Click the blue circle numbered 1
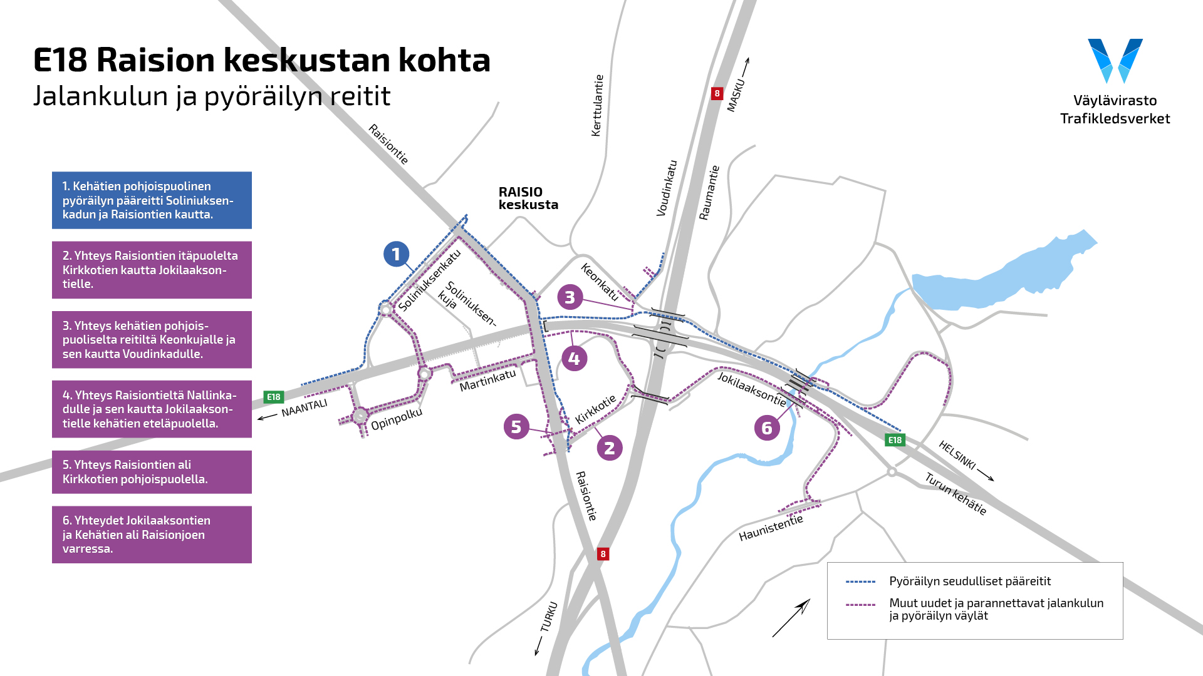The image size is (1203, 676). (x=396, y=254)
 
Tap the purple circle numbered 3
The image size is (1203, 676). (x=570, y=297)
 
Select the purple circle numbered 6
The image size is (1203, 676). (x=766, y=428)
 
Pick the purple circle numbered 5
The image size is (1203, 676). (x=516, y=427)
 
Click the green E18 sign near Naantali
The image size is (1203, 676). (x=274, y=397)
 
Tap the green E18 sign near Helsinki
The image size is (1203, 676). (x=895, y=440)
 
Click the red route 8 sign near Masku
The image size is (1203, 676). (x=717, y=94)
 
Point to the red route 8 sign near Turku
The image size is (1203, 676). (x=603, y=554)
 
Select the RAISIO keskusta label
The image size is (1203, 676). (x=528, y=198)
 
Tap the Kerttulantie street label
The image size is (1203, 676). (x=598, y=105)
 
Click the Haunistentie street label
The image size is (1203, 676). (x=771, y=528)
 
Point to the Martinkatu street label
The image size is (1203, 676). (x=487, y=381)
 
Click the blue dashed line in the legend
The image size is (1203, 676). (x=860, y=581)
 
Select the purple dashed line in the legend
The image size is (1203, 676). (x=860, y=605)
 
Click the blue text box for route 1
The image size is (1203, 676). (x=152, y=200)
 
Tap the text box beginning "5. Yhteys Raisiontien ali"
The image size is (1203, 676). (x=152, y=472)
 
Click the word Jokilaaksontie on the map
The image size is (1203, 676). (x=751, y=388)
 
